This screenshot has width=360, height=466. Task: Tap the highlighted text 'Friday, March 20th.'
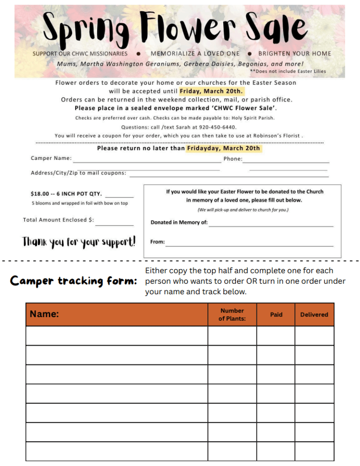[212, 91]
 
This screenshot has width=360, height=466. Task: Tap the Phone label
[232, 159]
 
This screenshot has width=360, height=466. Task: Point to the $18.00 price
[40, 194]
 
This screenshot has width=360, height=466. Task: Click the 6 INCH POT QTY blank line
[119, 196]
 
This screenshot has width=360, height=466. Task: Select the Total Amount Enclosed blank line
[114, 224]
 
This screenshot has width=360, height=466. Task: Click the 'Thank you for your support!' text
[79, 242]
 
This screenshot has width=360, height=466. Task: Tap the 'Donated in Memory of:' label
[179, 222]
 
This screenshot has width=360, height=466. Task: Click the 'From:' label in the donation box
[157, 242]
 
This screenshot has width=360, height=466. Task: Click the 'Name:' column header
[44, 314]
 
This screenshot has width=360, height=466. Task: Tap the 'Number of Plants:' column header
[232, 314]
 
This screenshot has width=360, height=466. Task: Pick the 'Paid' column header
[276, 314]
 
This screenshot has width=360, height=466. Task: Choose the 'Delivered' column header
[314, 314]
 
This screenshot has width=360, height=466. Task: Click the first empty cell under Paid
[276, 336]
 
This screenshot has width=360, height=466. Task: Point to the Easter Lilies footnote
[288, 72]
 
